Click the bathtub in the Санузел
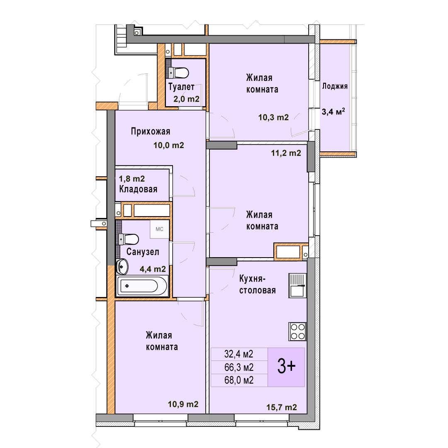142,286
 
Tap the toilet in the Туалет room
179,73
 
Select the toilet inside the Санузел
129,239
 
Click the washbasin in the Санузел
122,267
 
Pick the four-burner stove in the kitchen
297,331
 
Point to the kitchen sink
297,286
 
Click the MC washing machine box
159,229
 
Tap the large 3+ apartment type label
287,367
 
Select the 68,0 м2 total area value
239,380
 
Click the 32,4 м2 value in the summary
239,354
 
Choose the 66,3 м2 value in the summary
239,367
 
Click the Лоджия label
335,86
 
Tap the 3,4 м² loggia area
333,111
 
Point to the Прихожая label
151,131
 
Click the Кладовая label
138,189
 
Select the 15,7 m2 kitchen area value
282,407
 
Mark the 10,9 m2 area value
183,404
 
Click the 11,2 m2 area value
286,153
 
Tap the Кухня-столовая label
258,285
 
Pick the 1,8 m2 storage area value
132,179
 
